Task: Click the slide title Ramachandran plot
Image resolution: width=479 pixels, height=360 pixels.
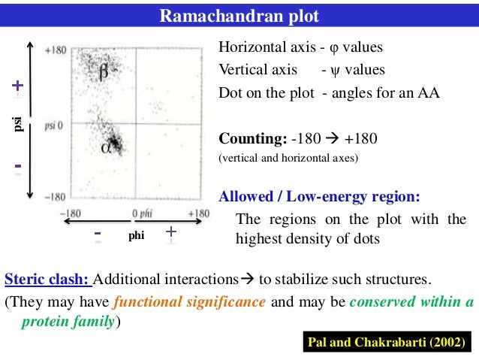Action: tap(239, 16)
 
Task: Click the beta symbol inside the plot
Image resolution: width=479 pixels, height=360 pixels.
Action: tap(104, 72)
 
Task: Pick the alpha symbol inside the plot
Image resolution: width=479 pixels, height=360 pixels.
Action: tap(106, 147)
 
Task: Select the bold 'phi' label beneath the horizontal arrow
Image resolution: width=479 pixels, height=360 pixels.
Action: tap(135, 236)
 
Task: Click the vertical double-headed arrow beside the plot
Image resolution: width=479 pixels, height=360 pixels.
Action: tap(30, 119)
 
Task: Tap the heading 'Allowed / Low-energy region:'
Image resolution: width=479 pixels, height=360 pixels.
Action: tap(318, 197)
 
